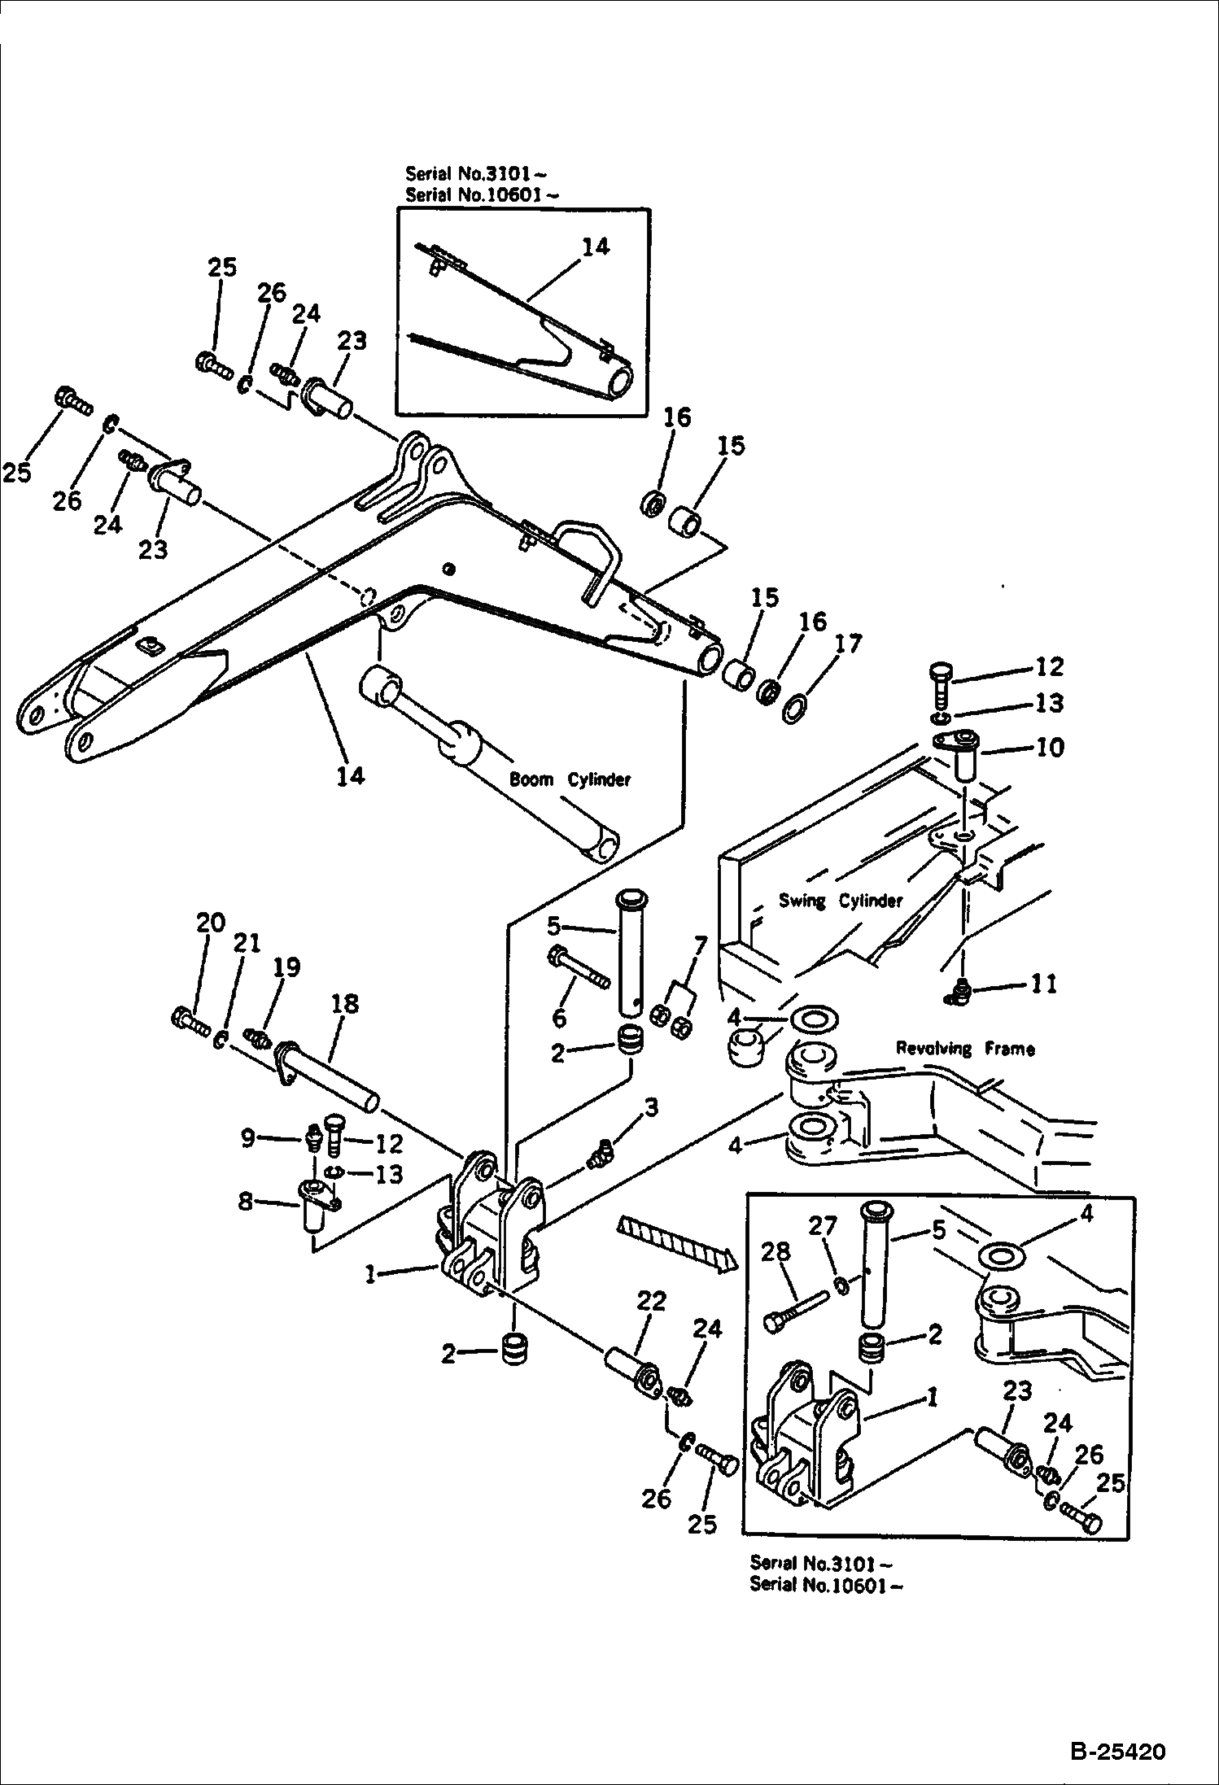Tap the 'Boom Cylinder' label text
[570, 779]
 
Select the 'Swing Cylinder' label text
[841, 901]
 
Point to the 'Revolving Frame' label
[965, 1049]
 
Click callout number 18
[345, 1003]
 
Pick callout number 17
[848, 644]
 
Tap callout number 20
[210, 923]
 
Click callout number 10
[1050, 747]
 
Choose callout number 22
[652, 1301]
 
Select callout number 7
[700, 946]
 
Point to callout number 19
[286, 967]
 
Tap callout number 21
[247, 943]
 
